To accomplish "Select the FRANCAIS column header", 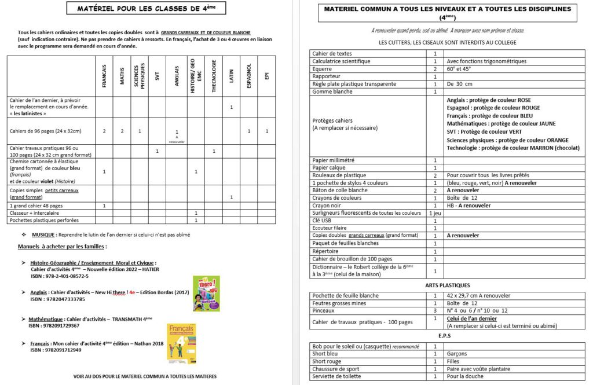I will click(x=104, y=76).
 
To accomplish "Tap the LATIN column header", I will click(x=232, y=76).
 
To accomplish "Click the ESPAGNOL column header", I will click(x=249, y=76).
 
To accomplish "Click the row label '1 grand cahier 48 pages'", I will click(x=36, y=206).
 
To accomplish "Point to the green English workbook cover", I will click(x=206, y=294).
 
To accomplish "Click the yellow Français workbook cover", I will click(x=180, y=343).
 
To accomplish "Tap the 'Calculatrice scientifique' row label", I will click(x=341, y=61).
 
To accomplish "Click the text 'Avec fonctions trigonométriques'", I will click(x=486, y=61).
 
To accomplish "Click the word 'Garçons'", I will click(x=457, y=354).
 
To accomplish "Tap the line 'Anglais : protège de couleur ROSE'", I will click(x=489, y=100).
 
